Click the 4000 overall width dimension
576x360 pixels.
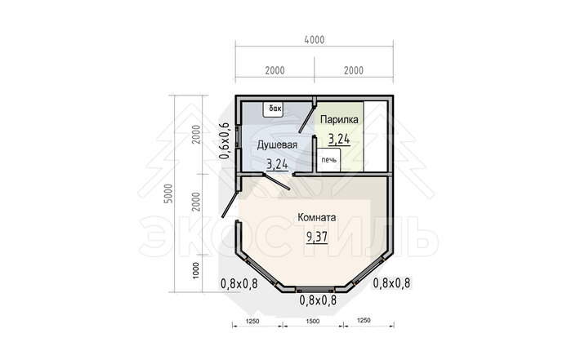[315, 40]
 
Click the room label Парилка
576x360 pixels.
[339, 120]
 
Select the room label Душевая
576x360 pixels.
[277, 145]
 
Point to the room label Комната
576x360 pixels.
[317, 218]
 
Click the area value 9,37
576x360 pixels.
[317, 237]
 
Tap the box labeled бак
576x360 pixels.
[273, 109]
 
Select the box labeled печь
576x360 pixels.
[328, 160]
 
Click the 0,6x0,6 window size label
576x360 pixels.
[225, 141]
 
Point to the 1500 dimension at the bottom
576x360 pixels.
[312, 321]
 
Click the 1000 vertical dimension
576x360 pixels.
[196, 270]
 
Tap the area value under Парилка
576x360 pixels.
[339, 140]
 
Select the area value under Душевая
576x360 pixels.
[277, 165]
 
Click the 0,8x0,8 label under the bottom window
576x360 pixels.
[318, 300]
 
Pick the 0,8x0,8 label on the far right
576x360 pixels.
[391, 283]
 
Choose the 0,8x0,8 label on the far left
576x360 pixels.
[239, 283]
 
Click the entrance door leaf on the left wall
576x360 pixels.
[230, 203]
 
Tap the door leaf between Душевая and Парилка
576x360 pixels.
[306, 118]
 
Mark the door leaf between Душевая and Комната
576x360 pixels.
[277, 182]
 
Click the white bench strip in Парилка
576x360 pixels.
[375, 136]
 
